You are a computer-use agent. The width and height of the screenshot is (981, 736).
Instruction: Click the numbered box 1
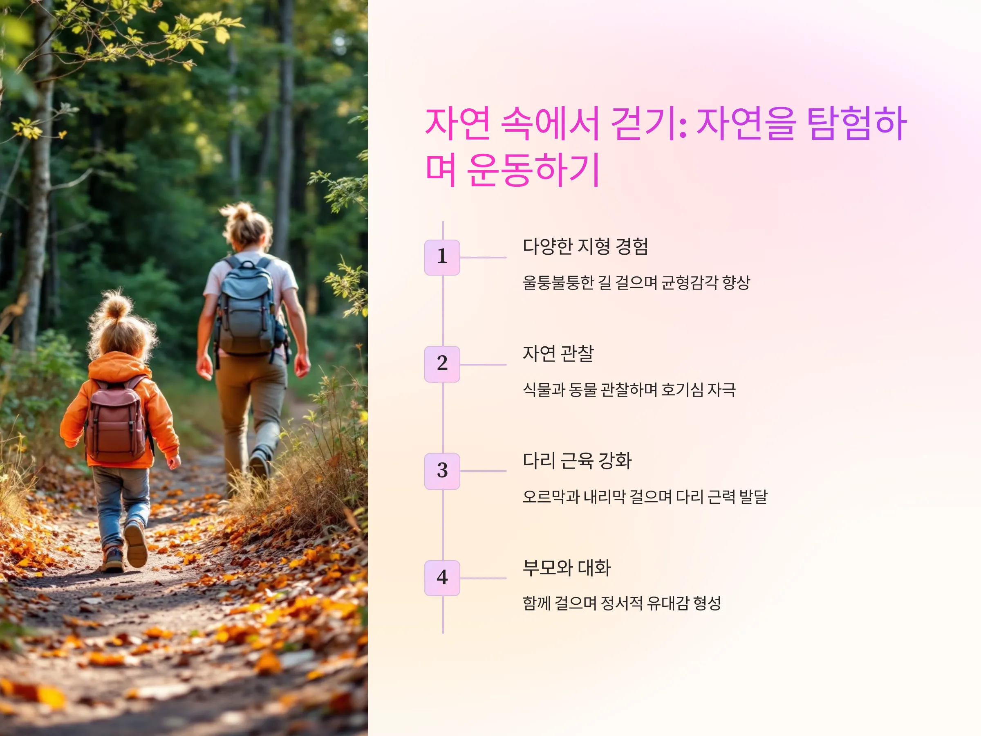(442, 257)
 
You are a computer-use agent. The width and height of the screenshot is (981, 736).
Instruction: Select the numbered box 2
(442, 364)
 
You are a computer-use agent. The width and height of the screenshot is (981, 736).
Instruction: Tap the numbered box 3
(442, 471)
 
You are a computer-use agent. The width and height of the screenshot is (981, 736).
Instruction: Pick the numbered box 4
(442, 578)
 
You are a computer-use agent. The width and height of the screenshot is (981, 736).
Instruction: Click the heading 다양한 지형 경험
(585, 246)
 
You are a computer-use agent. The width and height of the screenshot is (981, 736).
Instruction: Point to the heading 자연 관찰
(558, 353)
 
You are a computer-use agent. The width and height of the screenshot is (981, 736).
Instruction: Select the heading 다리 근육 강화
(577, 460)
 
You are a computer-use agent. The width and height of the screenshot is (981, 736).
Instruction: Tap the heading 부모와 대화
(567, 568)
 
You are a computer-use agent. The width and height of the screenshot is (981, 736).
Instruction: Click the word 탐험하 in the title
(856, 123)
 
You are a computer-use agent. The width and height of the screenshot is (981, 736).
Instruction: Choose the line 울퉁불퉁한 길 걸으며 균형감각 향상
(636, 282)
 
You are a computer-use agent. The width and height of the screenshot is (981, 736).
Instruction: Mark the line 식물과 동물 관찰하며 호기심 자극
(629, 390)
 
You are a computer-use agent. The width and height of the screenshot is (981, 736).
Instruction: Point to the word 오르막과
(551, 496)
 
